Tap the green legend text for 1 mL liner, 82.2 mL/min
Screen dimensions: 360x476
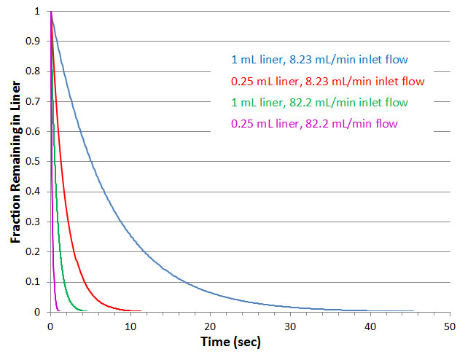pos(319,102)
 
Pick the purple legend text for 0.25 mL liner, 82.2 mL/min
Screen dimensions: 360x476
pos(314,123)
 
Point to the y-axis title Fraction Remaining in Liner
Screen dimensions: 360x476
pos(15,163)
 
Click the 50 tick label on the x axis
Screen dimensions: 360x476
pos(449,325)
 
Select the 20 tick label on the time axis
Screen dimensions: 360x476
pos(210,325)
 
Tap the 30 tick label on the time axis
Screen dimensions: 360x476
pos(290,325)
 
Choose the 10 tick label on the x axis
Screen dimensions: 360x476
pos(130,325)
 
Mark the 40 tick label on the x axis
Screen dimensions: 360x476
pos(370,325)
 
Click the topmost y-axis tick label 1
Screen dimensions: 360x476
pos(37,12)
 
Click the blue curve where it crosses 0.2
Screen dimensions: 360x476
pos(144,252)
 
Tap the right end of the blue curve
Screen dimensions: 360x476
pos(413,311)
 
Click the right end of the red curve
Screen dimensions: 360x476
pos(140,311)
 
